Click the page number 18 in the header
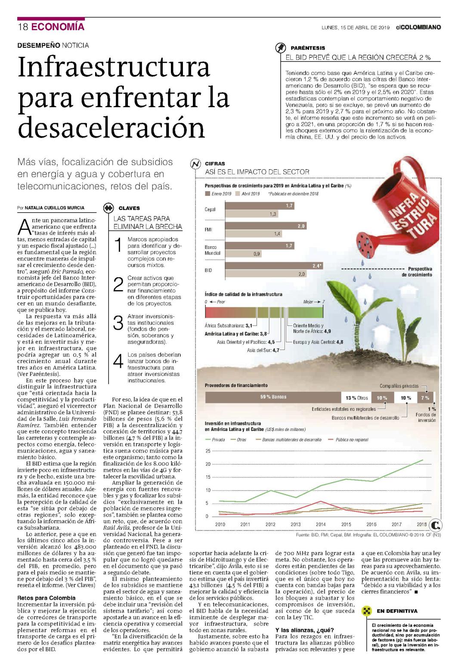point(23,27)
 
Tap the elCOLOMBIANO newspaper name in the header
point(418,27)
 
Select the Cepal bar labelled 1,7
point(260,205)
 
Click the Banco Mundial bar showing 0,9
point(244,254)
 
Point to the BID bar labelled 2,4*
point(274,266)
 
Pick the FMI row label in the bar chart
point(208,229)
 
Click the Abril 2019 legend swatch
point(238,194)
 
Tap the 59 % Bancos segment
point(273,397)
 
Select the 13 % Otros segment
point(356,397)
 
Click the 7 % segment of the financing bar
point(425,397)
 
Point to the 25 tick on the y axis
point(208,451)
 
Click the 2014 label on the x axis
point(321,524)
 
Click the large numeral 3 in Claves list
point(118,323)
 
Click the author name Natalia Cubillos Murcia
point(54,208)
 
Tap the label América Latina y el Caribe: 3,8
point(236,334)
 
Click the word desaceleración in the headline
point(111,127)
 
